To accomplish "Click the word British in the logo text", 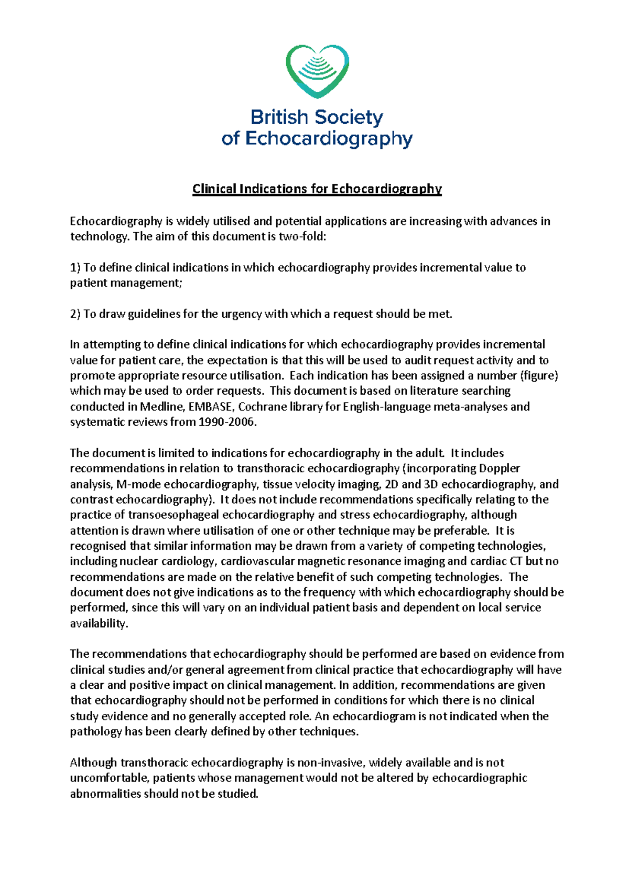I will click(x=279, y=117).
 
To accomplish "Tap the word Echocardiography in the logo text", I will click(x=329, y=139).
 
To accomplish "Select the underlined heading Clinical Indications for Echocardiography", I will click(x=317, y=189).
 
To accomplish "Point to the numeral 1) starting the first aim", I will click(x=75, y=268).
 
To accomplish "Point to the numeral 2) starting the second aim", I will click(x=75, y=314).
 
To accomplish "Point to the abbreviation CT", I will click(x=516, y=561).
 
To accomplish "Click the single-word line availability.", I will click(x=99, y=623).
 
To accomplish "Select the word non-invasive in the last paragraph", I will click(x=333, y=763).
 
